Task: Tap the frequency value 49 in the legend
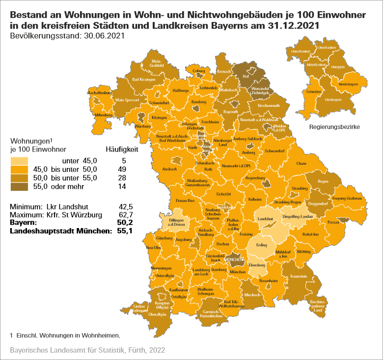(122, 169)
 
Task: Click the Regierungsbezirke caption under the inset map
(334, 127)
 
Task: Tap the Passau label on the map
(334, 222)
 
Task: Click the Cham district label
(301, 163)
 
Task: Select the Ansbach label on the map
(169, 169)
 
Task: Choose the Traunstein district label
(299, 277)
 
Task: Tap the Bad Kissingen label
(143, 79)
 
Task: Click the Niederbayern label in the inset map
(348, 84)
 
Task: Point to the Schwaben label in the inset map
(314, 92)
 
